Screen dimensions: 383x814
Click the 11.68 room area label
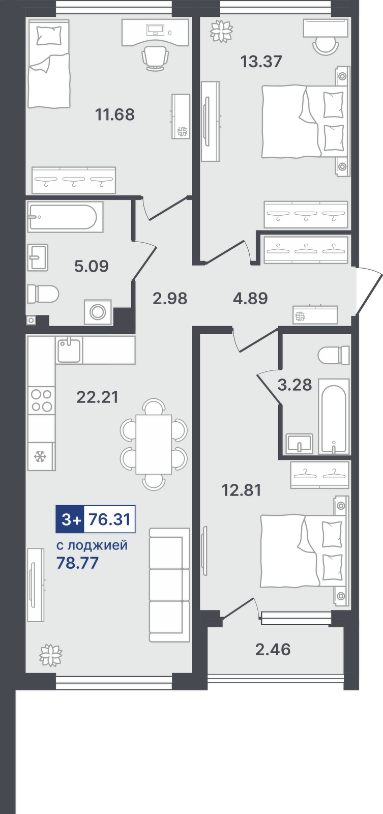[115, 114]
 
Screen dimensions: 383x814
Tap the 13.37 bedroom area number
[261, 62]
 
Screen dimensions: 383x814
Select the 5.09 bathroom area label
[92, 267]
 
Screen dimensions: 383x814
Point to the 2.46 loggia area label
[273, 649]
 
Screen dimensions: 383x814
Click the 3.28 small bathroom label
[294, 385]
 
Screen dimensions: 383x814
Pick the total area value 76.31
[110, 519]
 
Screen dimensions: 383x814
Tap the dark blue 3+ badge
[70, 519]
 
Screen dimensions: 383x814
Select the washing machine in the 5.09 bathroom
[98, 312]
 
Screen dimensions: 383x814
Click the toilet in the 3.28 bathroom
[334, 355]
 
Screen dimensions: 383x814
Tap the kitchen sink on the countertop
[69, 350]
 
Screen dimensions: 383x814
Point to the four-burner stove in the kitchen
[41, 400]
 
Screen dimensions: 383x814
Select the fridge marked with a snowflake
[41, 456]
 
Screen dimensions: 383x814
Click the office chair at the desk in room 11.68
[155, 57]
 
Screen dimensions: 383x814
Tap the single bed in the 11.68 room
[49, 64]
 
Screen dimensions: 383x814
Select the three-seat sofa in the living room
[169, 585]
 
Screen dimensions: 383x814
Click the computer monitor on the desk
[156, 28]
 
